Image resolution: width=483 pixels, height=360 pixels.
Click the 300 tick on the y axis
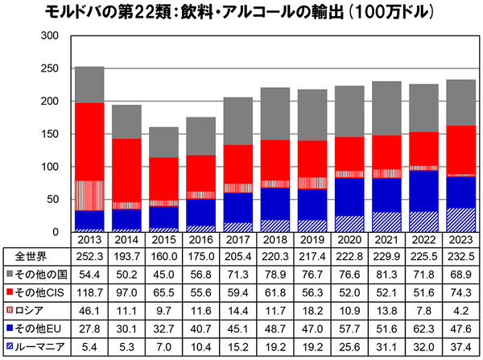[x=48, y=37]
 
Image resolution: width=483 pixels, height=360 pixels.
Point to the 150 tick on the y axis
[x=48, y=134]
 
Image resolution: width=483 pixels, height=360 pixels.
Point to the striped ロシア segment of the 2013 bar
[x=89, y=196]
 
